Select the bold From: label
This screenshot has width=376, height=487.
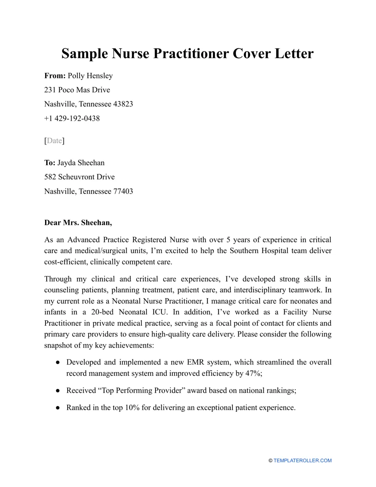tap(55, 76)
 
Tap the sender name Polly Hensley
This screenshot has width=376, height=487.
tap(90, 76)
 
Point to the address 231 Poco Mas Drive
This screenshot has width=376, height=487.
tap(77, 90)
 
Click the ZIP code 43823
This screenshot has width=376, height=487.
tap(123, 104)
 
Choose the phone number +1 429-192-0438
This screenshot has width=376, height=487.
tap(72, 118)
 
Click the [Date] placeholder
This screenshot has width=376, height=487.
tap(54, 141)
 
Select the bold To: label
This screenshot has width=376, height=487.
tap(50, 163)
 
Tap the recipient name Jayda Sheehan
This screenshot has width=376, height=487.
tap(81, 163)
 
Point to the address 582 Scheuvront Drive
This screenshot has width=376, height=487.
tap(80, 177)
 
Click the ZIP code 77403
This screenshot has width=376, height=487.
tap(123, 191)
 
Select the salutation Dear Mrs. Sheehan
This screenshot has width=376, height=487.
tap(78, 223)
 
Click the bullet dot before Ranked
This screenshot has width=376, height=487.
tap(58, 408)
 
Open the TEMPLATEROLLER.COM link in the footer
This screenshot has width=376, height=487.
tap(302, 460)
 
